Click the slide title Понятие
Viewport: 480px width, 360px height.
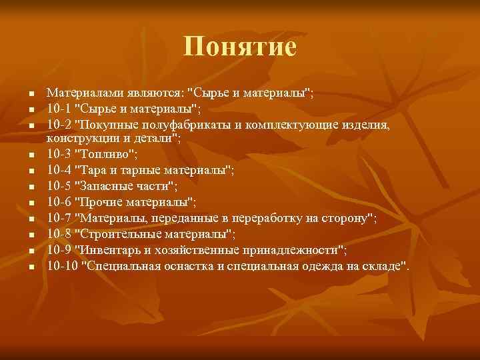240,47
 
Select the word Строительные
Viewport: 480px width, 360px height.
121,234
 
